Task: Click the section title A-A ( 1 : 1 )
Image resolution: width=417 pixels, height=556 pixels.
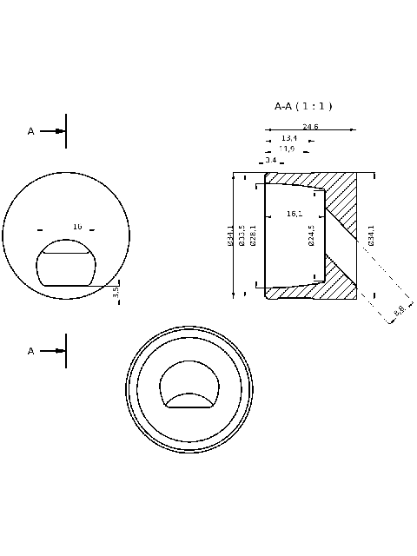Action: point(303,106)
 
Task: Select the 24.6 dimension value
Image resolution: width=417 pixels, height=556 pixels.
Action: point(310,127)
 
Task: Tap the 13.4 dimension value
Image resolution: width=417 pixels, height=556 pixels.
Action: point(289,138)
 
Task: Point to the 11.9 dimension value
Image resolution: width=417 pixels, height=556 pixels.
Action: point(286,149)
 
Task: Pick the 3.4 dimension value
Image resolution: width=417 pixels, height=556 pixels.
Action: point(270,160)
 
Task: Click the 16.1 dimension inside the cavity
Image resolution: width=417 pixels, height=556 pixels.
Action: point(294,214)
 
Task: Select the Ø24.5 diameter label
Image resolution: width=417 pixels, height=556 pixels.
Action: point(311,235)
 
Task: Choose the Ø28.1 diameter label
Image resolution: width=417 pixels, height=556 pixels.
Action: point(253,235)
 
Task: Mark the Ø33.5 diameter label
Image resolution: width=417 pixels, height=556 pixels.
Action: point(242,235)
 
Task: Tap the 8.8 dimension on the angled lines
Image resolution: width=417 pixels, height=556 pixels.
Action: point(399,310)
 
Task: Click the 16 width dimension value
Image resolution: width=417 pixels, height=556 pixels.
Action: point(77,227)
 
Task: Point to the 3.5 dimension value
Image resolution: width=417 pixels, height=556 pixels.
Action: point(116,291)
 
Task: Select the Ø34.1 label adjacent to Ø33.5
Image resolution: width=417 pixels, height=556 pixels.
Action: point(230,235)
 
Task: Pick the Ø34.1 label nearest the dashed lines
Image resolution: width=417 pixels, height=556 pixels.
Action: point(371,235)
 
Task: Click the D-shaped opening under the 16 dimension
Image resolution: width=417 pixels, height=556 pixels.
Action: point(66,264)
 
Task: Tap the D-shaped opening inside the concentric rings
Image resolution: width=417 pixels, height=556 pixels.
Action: point(189,386)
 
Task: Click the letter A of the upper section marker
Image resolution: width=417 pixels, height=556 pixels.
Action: point(31,131)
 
